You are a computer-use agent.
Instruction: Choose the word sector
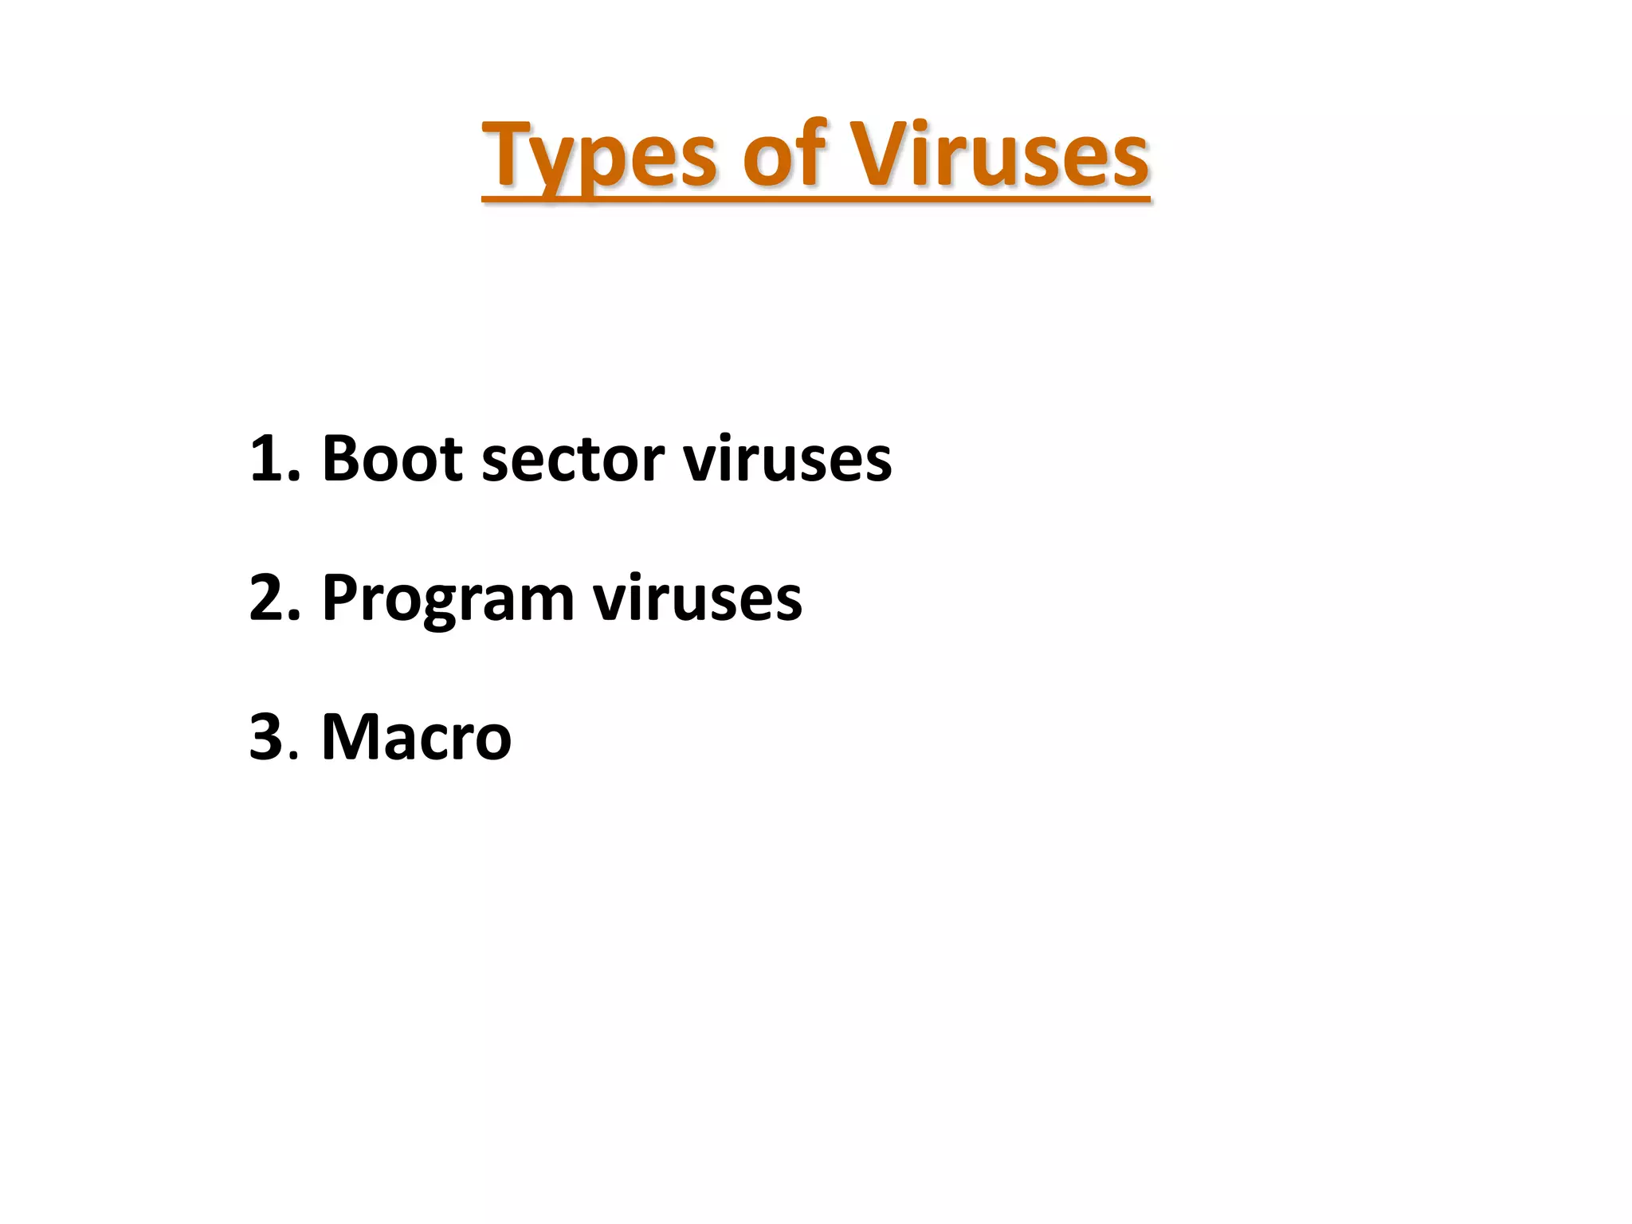573,460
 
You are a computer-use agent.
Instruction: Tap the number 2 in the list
266,597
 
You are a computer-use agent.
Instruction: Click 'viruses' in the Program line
698,598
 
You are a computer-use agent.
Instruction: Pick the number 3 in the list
266,736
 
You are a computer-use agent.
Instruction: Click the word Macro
416,737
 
